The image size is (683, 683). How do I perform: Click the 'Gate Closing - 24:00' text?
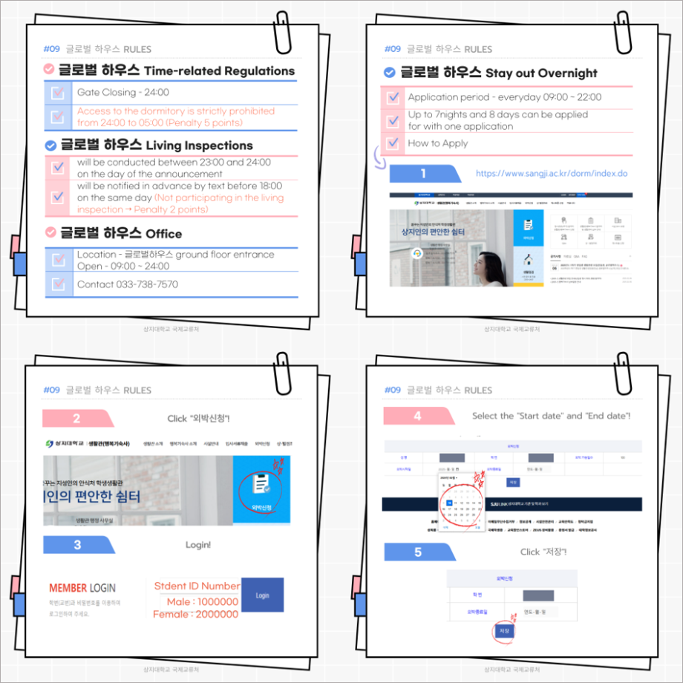[x=122, y=93]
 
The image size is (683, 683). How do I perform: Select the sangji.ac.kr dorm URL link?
[x=551, y=173]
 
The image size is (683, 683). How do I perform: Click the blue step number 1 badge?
[x=424, y=173]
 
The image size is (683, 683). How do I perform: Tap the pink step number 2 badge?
[x=77, y=418]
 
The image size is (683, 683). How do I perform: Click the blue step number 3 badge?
[x=77, y=545]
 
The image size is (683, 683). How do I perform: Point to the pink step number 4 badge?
[x=418, y=416]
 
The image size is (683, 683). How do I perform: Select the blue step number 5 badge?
[x=418, y=552]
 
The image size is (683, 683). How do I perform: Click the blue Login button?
[x=262, y=595]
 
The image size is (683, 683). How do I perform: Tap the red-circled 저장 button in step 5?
[x=503, y=630]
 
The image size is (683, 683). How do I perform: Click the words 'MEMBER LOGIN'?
[x=82, y=588]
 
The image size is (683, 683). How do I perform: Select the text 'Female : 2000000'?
[x=196, y=614]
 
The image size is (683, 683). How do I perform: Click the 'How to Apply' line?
[x=437, y=143]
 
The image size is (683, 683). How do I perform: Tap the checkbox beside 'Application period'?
[x=393, y=97]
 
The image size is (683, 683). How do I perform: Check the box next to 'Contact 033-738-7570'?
[x=58, y=284]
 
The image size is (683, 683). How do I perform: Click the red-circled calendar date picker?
[x=460, y=505]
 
